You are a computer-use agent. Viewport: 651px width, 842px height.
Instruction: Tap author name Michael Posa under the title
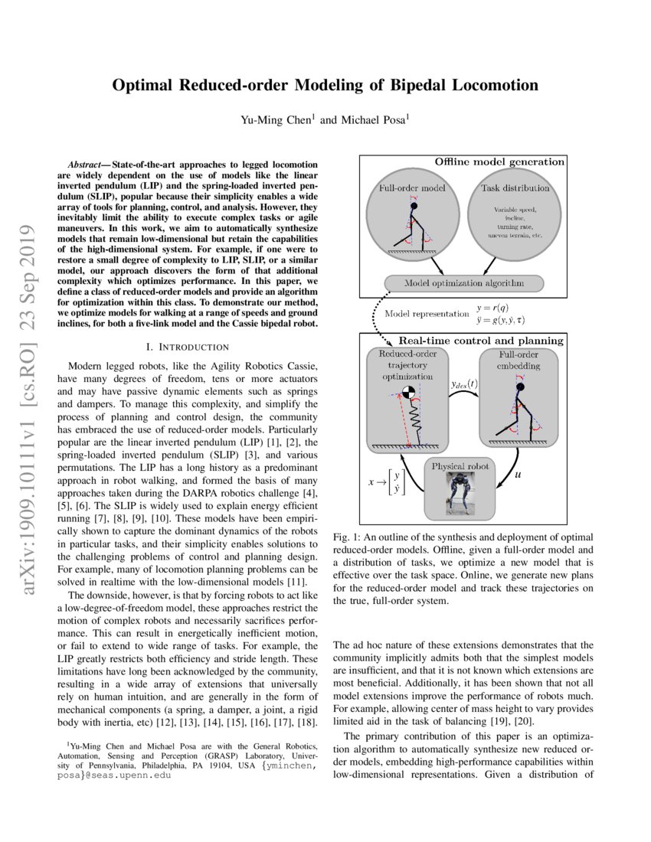coord(371,120)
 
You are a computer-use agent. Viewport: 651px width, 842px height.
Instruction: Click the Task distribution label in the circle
coord(514,188)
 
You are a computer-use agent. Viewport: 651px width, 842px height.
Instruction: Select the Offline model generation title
coord(499,162)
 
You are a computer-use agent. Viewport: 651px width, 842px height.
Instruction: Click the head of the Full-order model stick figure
coord(414,205)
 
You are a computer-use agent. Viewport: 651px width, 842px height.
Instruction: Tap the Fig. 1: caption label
coord(350,538)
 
